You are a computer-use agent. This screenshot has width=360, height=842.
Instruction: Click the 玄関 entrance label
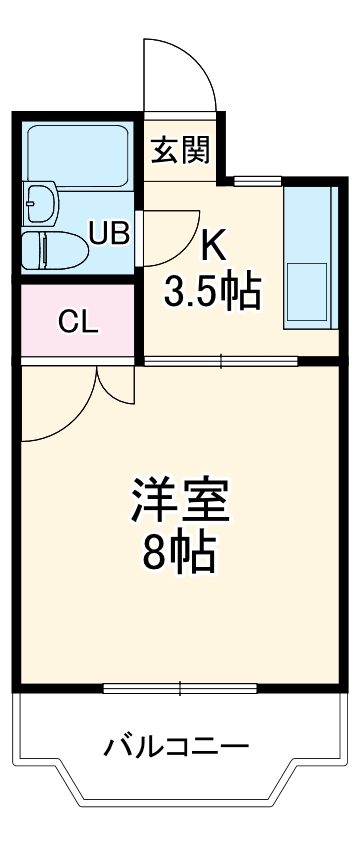click(x=181, y=151)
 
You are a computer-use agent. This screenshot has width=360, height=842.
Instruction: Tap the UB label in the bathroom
click(x=109, y=233)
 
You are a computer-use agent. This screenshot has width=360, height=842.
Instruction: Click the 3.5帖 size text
click(x=212, y=292)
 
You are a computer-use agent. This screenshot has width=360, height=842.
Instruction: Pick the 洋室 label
click(x=180, y=500)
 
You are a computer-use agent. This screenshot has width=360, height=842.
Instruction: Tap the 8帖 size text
click(x=180, y=552)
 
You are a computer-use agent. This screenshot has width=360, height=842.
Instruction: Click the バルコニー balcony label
click(x=177, y=746)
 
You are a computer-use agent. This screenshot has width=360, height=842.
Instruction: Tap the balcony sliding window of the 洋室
click(x=181, y=688)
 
